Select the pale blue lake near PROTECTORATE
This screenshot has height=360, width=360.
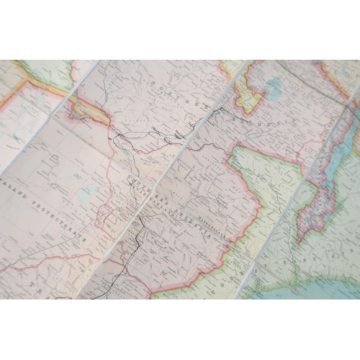[89, 193]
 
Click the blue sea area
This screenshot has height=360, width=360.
[317, 288]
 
